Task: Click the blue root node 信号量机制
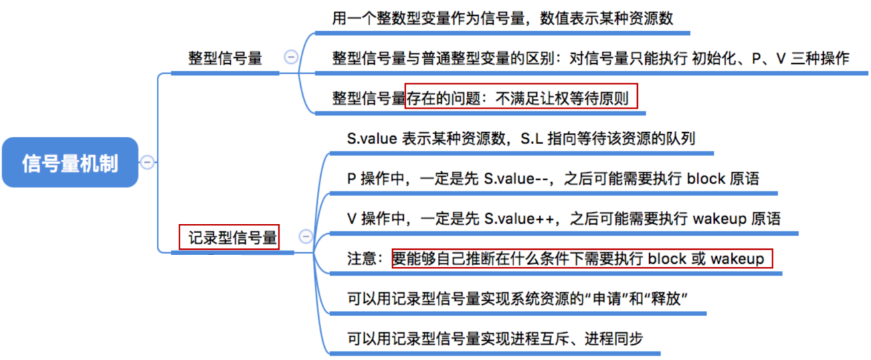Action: (70, 162)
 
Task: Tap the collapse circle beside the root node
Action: (147, 162)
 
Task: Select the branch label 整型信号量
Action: (225, 58)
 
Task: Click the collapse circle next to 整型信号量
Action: (291, 56)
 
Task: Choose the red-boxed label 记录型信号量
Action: (229, 237)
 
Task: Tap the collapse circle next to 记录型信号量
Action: (306, 236)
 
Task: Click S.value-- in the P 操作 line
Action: (516, 179)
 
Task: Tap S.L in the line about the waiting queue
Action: (532, 138)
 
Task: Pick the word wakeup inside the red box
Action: (737, 258)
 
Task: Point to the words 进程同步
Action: (614, 339)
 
